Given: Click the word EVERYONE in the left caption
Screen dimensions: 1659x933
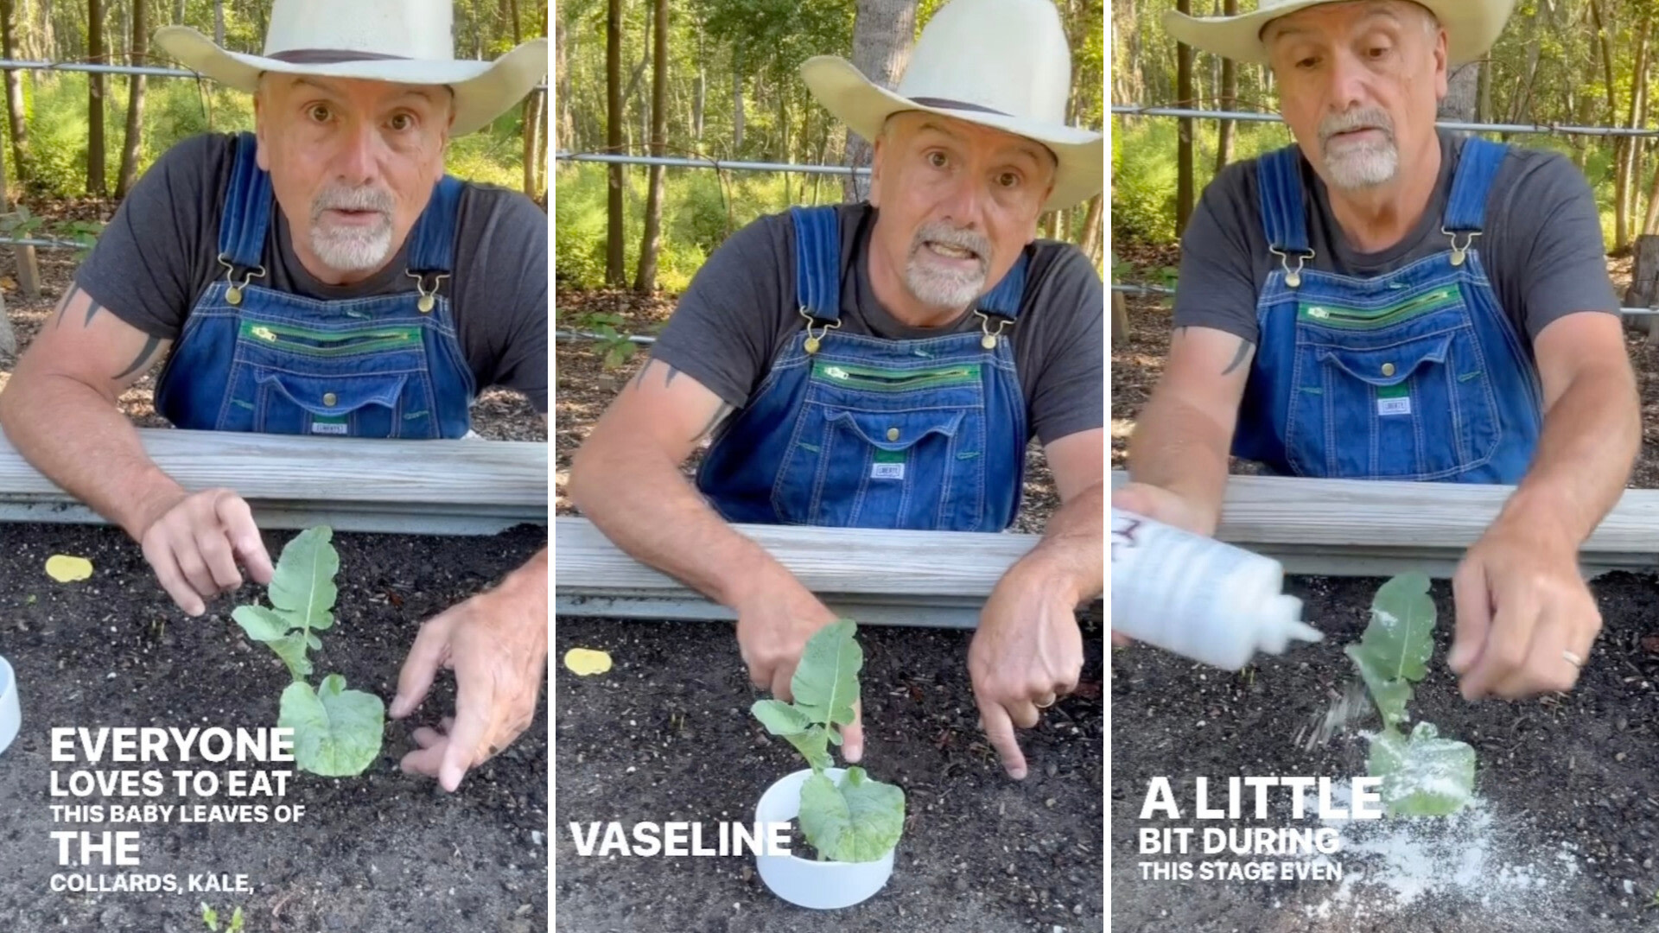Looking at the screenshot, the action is click(x=172, y=745).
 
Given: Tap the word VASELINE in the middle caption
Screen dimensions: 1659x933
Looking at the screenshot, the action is click(x=681, y=839).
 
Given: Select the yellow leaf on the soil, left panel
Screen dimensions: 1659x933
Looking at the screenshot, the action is click(x=68, y=568).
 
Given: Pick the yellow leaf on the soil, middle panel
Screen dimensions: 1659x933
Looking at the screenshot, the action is click(x=588, y=662).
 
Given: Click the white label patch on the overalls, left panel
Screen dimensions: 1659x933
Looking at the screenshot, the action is click(x=329, y=427).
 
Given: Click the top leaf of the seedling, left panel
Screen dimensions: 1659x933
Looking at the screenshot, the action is click(x=304, y=577).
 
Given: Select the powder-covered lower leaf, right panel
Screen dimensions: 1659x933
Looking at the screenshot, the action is click(x=1421, y=769).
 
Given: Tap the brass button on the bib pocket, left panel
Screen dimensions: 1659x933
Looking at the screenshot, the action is click(x=329, y=398).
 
